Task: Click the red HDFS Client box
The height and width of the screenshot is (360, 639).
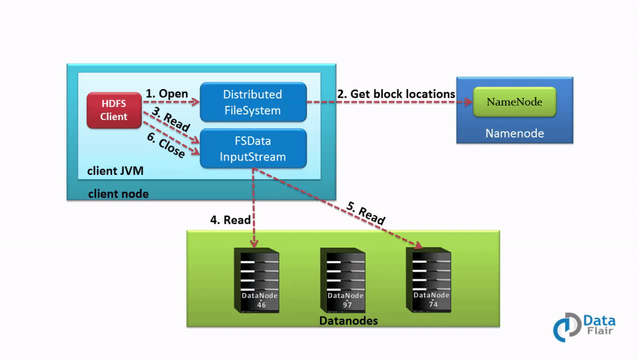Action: pyautogui.click(x=114, y=110)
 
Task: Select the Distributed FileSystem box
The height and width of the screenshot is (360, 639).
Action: pyautogui.click(x=252, y=102)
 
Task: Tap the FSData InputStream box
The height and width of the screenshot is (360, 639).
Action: pyautogui.click(x=252, y=149)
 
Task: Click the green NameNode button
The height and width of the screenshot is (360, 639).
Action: pyautogui.click(x=514, y=102)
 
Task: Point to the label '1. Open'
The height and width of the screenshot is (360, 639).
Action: pyautogui.click(x=166, y=94)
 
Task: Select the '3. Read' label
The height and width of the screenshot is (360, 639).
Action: pyautogui.click(x=170, y=120)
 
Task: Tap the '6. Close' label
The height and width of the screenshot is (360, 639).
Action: pyautogui.click(x=166, y=146)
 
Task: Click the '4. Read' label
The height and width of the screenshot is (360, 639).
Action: pyautogui.click(x=230, y=220)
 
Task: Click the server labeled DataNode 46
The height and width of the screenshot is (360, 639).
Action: pyautogui.click(x=257, y=280)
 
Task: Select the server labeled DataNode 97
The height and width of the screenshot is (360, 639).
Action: pyautogui.click(x=343, y=280)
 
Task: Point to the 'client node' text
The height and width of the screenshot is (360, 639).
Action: pyautogui.click(x=118, y=194)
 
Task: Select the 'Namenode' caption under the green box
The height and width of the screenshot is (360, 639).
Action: pyautogui.click(x=514, y=133)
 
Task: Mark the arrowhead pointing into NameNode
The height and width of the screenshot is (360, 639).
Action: pyautogui.click(x=468, y=102)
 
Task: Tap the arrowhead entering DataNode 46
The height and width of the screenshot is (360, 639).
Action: pyautogui.click(x=254, y=246)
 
